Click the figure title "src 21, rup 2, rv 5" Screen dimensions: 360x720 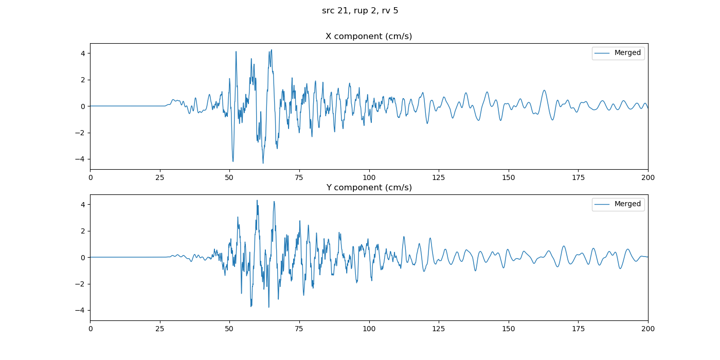tap(360, 11)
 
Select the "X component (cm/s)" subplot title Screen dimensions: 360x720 tap(369, 37)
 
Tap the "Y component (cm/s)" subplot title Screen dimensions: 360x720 tap(369, 188)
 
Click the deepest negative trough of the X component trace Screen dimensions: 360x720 tap(263, 164)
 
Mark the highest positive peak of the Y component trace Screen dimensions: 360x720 tap(257, 200)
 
